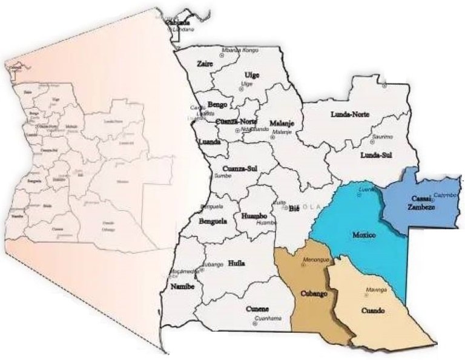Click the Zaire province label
(x=205, y=63)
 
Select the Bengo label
(x=217, y=104)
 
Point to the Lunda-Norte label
(x=350, y=114)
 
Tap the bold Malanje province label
(x=282, y=122)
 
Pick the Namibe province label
(x=182, y=286)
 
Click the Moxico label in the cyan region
(x=364, y=234)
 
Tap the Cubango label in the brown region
(x=314, y=293)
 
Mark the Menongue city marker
(x=304, y=266)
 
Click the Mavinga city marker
(x=366, y=295)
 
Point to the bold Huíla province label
(x=236, y=263)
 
